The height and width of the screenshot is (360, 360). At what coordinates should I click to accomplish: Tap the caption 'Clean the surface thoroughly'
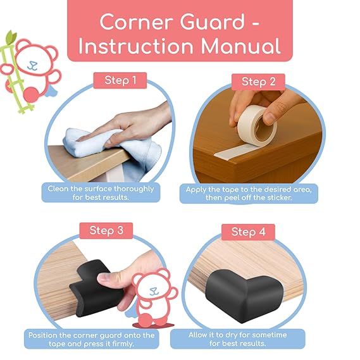(x=101, y=189)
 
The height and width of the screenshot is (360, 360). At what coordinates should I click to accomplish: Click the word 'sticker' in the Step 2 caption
(x=285, y=198)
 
